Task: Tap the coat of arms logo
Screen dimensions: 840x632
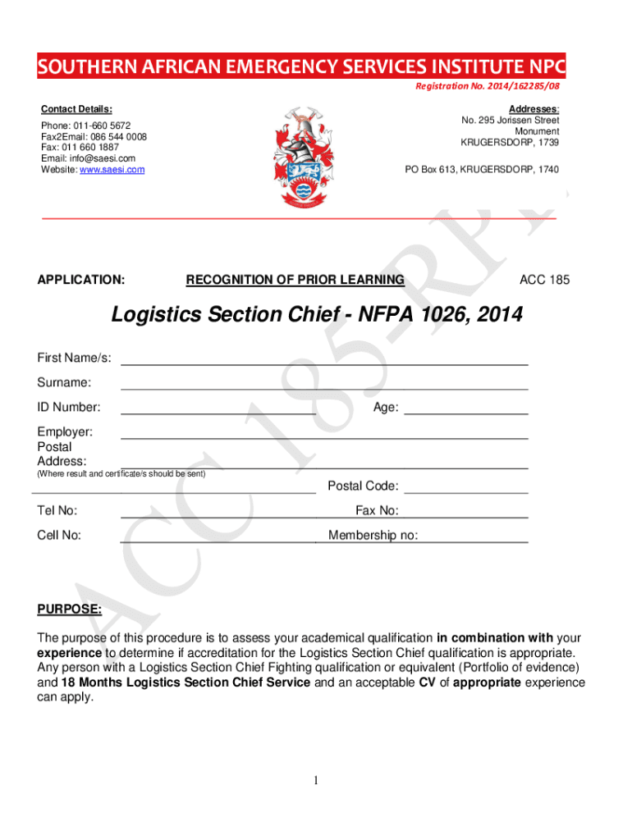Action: pyautogui.click(x=303, y=157)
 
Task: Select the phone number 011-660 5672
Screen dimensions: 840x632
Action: pyautogui.click(x=94, y=126)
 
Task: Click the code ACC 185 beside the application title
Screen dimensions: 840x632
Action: pyautogui.click(x=544, y=280)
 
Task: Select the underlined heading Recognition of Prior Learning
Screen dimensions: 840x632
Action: pyautogui.click(x=295, y=280)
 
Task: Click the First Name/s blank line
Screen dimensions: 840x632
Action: pyautogui.click(x=324, y=363)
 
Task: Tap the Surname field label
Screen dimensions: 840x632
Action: pyautogui.click(x=64, y=382)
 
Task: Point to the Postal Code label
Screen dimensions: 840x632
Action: pyautogui.click(x=363, y=486)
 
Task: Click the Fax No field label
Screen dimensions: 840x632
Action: pyautogui.click(x=377, y=511)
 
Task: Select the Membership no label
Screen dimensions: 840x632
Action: pyautogui.click(x=373, y=536)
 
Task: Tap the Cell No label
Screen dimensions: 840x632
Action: pyautogui.click(x=59, y=536)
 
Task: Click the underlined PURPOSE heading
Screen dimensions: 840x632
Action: pyautogui.click(x=70, y=609)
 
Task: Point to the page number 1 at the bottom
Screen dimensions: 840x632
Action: pyautogui.click(x=316, y=780)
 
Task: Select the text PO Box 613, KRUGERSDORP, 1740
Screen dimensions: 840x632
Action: pyautogui.click(x=482, y=170)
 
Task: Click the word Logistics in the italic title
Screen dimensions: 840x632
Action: pyautogui.click(x=157, y=315)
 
